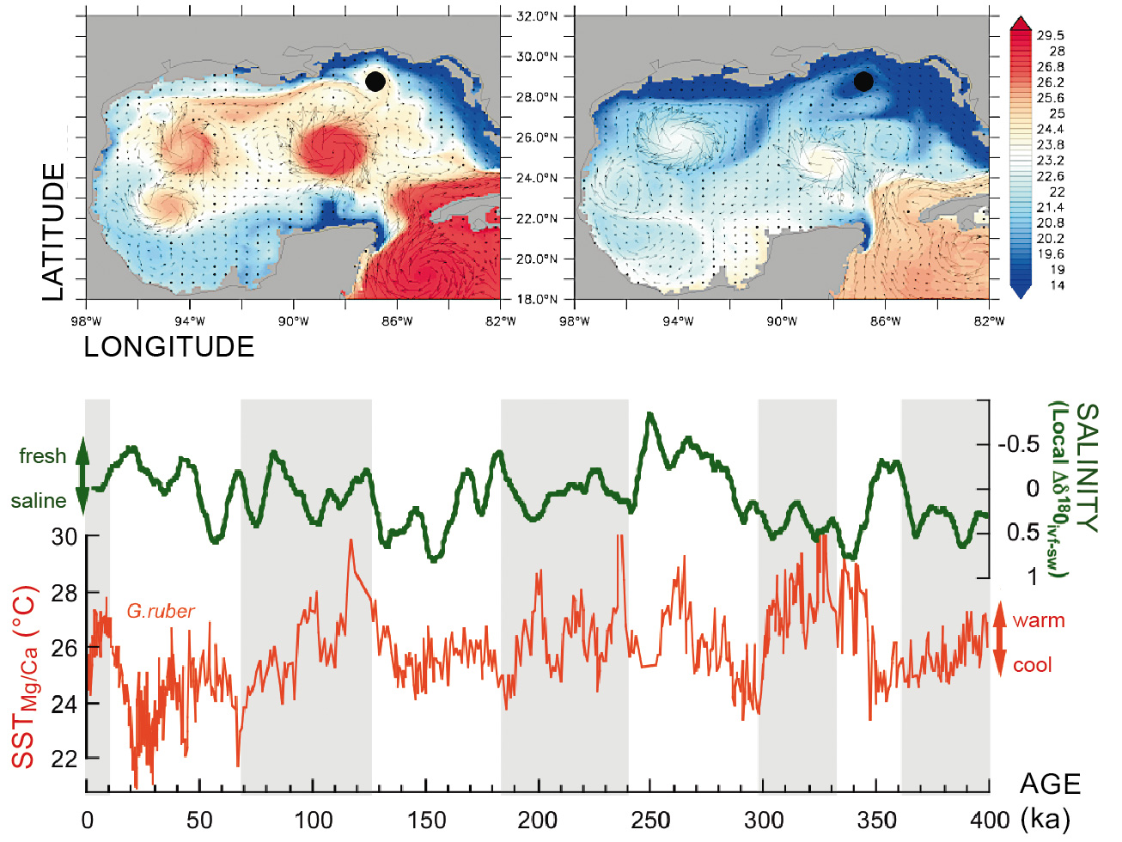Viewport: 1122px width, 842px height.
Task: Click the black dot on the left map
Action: click(x=375, y=82)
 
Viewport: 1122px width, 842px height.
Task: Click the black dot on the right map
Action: click(x=863, y=82)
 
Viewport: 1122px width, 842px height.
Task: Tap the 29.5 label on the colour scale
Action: click(x=1050, y=35)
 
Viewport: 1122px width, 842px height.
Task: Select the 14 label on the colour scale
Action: click(x=1057, y=285)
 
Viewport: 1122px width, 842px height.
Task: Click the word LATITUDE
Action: click(x=53, y=232)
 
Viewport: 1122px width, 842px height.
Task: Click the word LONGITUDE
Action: click(x=169, y=347)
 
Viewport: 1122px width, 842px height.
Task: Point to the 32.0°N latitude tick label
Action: click(x=537, y=16)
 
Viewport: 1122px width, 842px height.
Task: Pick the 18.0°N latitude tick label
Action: click(x=537, y=299)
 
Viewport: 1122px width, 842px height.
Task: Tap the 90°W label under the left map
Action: click(x=293, y=321)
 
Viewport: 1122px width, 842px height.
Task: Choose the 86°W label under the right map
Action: click(x=886, y=321)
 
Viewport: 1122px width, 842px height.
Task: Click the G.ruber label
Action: click(x=161, y=611)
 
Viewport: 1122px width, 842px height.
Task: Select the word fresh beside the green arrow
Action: click(x=42, y=456)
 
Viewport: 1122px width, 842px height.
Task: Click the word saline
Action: click(x=39, y=501)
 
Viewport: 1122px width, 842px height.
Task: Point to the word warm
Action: click(x=1039, y=620)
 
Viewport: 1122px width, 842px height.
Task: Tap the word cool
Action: click(x=1032, y=665)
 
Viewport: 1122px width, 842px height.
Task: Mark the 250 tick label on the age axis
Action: click(x=650, y=821)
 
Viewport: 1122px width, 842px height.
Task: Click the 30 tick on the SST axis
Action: click(x=64, y=537)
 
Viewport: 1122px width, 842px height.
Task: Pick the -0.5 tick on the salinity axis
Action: click(x=1018, y=445)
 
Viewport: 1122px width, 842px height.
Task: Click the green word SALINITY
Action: click(x=1087, y=467)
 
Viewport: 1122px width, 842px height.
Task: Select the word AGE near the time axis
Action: click(x=1050, y=784)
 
